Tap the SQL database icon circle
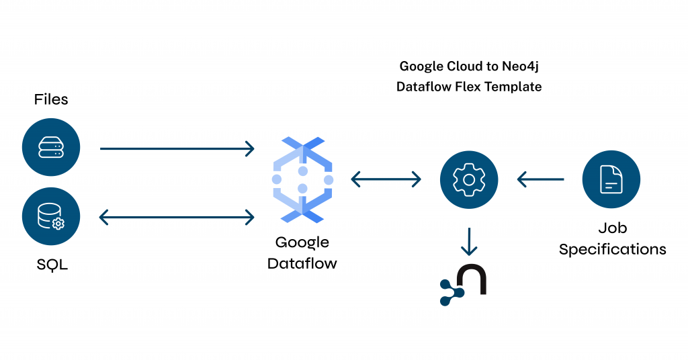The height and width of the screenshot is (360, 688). [51, 217]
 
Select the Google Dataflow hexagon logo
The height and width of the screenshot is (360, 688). [302, 179]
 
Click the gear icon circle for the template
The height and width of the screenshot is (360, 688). [469, 179]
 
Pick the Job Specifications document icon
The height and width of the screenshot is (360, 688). [611, 179]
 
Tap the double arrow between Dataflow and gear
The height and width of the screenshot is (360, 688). [386, 179]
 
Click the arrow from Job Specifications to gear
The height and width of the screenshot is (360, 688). [540, 179]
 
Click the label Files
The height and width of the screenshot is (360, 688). [51, 100]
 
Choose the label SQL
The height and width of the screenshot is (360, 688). [52, 265]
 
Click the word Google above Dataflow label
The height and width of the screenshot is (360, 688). [302, 242]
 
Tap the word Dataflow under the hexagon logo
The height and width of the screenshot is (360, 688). [302, 263]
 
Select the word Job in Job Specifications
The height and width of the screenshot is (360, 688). [612, 228]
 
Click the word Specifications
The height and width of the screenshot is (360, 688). [612, 249]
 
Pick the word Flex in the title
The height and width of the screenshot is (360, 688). [470, 87]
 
